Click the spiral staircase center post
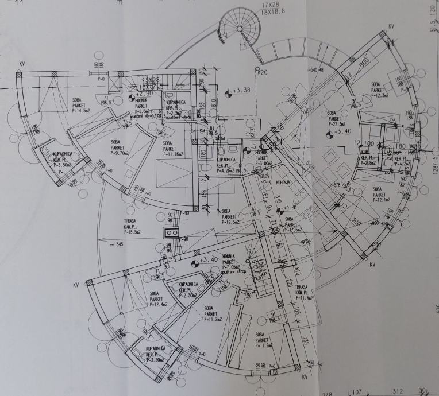coord(237,29)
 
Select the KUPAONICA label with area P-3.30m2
coord(156,354)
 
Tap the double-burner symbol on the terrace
coord(170,233)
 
